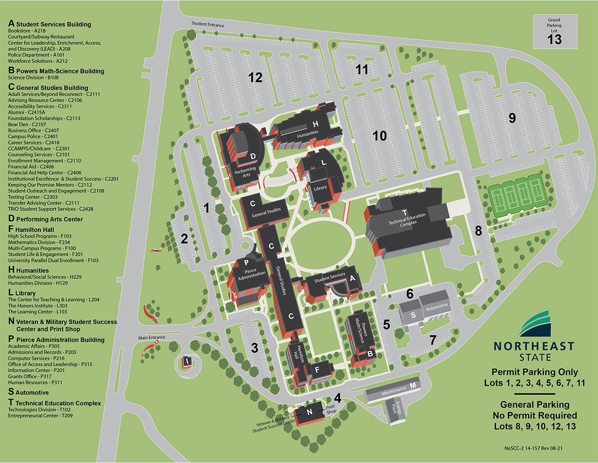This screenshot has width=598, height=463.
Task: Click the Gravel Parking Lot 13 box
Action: click(x=554, y=32)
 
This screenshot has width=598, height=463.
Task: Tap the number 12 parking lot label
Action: click(x=256, y=77)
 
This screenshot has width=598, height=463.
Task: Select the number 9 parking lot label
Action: click(x=511, y=118)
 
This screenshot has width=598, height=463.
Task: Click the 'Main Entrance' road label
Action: click(x=151, y=337)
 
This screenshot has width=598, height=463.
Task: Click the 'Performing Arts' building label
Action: click(x=245, y=172)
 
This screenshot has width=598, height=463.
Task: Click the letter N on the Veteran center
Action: click(x=309, y=412)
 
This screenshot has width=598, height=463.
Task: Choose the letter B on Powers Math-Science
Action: click(x=370, y=353)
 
